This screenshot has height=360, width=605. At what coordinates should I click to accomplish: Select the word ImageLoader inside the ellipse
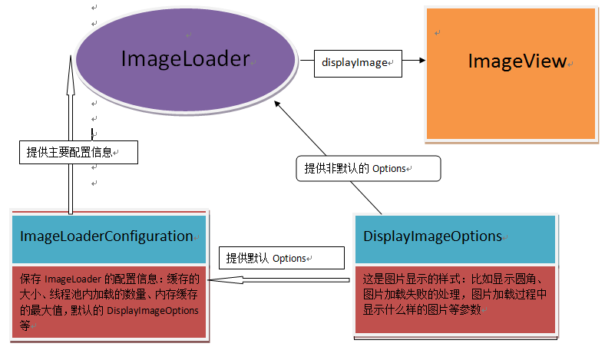pyautogui.click(x=186, y=58)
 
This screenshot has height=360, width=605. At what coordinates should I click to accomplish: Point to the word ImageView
pyautogui.click(x=517, y=61)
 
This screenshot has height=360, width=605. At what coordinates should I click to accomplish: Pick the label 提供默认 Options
pyautogui.click(x=267, y=258)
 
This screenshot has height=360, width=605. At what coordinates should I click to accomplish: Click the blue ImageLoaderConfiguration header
pyautogui.click(x=108, y=236)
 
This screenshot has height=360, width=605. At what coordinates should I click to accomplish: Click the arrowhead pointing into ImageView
pyautogui.click(x=419, y=61)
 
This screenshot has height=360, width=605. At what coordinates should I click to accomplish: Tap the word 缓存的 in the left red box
pyautogui.click(x=183, y=279)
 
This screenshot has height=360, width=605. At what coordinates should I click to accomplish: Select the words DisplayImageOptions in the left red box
pyautogui.click(x=152, y=310)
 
